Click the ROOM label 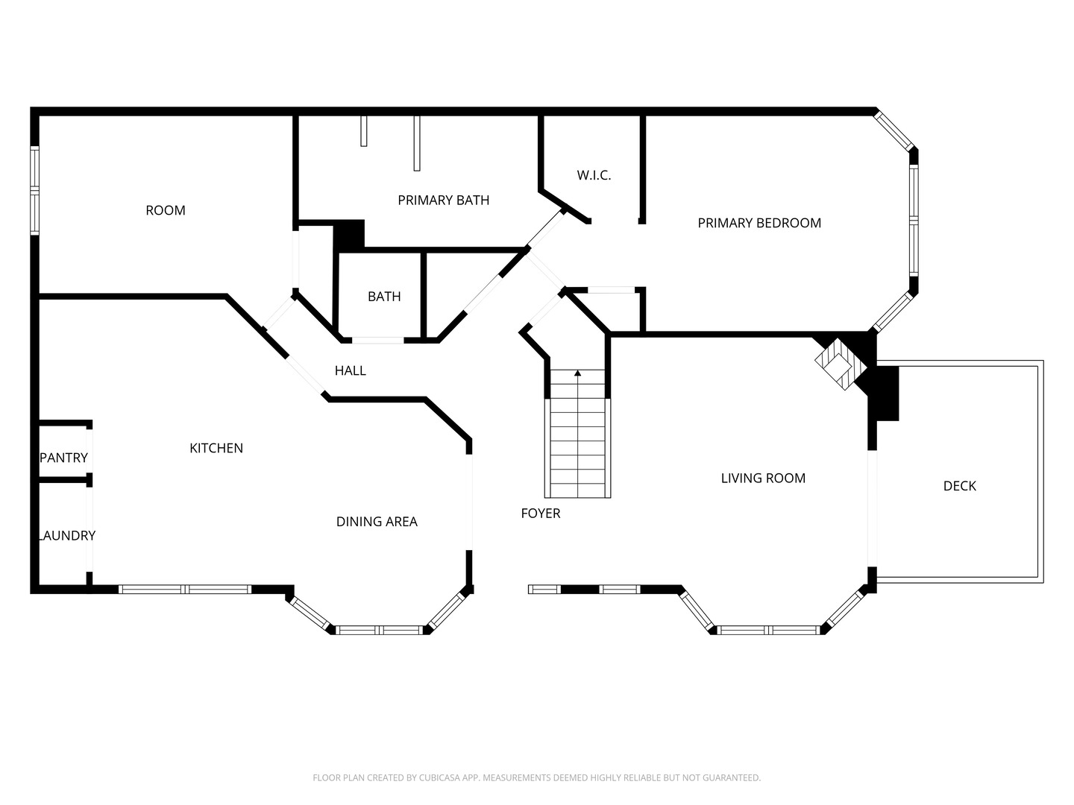tap(166, 211)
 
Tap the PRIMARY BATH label tap(443, 201)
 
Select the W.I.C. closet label tap(594, 175)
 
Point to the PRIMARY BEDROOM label tap(759, 224)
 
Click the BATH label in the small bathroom tap(384, 297)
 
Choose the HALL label tap(351, 371)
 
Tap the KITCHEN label tap(216, 448)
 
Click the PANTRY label tap(63, 458)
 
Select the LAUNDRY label tap(66, 536)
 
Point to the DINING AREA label tap(377, 522)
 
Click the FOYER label tap(541, 514)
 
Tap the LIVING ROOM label tap(763, 478)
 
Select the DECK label tap(959, 486)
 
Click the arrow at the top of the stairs tap(577, 373)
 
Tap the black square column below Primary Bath tap(349, 236)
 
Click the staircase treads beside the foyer tap(578, 434)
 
